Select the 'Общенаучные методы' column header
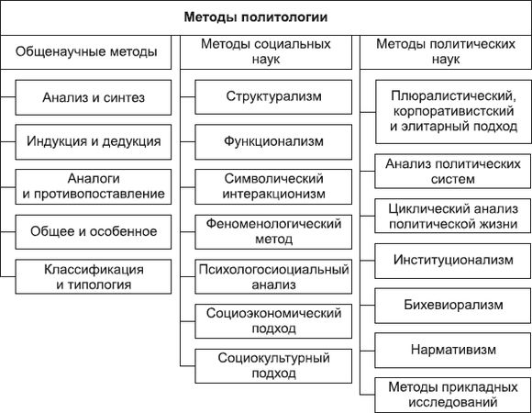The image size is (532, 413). click(x=86, y=52)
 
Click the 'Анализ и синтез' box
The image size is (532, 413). click(x=94, y=96)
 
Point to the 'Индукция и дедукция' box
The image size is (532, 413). click(x=94, y=141)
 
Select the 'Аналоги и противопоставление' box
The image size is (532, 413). click(x=94, y=185)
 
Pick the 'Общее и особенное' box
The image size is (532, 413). click(x=94, y=230)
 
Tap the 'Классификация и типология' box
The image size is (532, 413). click(x=94, y=276)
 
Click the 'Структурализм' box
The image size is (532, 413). click(x=274, y=96)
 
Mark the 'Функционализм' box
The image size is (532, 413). click(x=274, y=141)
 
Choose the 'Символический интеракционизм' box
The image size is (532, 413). click(x=274, y=186)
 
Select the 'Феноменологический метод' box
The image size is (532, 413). click(x=274, y=231)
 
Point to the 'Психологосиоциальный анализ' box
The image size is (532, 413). click(x=274, y=277)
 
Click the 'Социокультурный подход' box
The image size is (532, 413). click(x=274, y=365)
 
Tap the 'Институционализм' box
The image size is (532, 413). click(x=453, y=261)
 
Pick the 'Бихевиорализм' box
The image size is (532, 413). click(x=453, y=305)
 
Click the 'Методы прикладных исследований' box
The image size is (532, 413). click(x=453, y=394)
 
